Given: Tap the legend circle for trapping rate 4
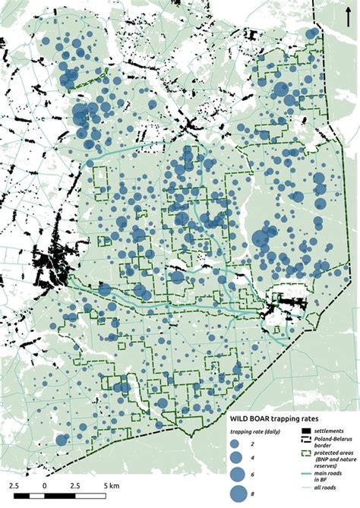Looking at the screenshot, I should (235, 458).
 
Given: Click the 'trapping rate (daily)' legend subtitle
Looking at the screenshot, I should (256, 432).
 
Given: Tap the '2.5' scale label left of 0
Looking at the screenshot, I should (17, 484).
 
